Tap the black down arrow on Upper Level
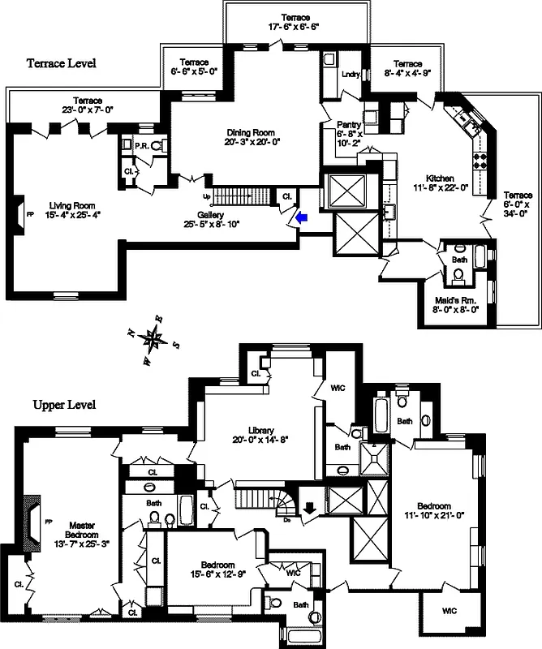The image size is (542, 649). [309, 508]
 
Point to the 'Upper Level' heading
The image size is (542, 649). [64, 404]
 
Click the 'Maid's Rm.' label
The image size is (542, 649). [456, 298]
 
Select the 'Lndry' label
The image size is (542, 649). [351, 75]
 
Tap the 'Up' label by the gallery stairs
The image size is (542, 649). [205, 196]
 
